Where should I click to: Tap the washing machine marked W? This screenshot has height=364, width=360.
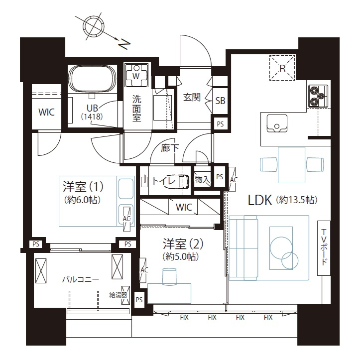point(136,75)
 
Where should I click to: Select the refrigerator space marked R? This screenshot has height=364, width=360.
point(282,68)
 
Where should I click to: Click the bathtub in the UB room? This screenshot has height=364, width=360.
point(93,79)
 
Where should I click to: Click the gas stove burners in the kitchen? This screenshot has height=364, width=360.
point(318,96)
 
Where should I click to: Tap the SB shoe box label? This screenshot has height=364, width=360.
point(220,101)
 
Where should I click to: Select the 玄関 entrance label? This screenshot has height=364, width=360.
point(192,97)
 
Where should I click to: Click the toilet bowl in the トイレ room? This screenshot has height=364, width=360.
point(183,181)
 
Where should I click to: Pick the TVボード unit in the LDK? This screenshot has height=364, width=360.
point(324,248)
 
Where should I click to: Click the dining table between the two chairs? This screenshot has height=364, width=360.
point(291,165)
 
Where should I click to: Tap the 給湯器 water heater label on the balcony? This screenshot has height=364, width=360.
point(118,295)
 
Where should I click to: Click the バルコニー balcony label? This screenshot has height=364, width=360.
point(81,279)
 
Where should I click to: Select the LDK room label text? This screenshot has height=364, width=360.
point(260,200)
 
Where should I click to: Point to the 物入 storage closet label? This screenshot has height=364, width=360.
point(202,179)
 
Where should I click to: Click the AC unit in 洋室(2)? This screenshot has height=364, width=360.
point(143,270)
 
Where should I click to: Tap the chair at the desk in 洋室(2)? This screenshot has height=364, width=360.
point(169,276)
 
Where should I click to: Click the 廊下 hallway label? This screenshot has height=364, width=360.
point(170,148)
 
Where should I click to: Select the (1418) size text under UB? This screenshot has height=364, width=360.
point(92,117)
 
